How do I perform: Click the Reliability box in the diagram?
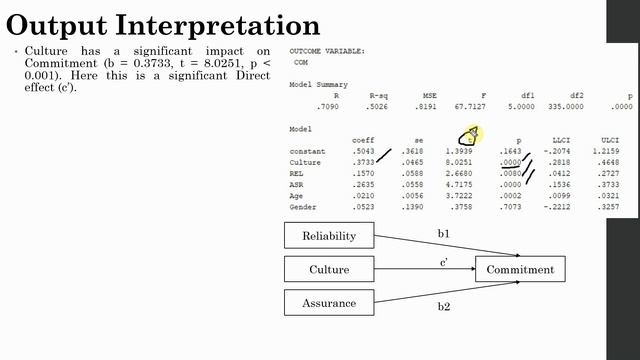[327, 237]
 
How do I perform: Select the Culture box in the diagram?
[327, 270]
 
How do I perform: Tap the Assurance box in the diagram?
[327, 302]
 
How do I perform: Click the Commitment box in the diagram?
[520, 270]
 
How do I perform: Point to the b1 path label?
[443, 234]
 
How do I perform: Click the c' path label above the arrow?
[443, 262]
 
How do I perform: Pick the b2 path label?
[443, 306]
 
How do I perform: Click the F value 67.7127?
[460, 105]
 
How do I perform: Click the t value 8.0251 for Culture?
[459, 162]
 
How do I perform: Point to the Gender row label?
[303, 207]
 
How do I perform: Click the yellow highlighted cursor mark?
[470, 135]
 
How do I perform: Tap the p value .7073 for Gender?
[511, 207]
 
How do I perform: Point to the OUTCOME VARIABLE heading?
[326, 50]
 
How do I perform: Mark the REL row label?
[297, 173]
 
